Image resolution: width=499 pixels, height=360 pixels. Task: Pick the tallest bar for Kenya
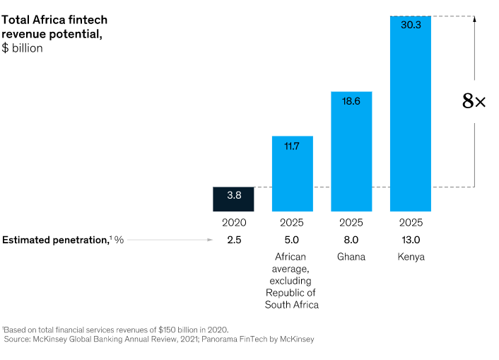(x=411, y=114)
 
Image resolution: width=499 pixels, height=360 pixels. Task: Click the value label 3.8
(x=233, y=196)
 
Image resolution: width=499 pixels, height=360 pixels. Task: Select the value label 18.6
(x=351, y=101)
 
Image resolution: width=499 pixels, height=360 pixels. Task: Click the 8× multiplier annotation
(x=474, y=102)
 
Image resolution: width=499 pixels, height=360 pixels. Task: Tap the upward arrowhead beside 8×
(x=474, y=19)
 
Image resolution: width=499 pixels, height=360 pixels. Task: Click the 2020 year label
(x=233, y=223)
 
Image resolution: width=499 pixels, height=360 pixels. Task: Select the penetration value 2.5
(x=233, y=240)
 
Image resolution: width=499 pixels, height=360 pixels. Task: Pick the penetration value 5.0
(x=293, y=240)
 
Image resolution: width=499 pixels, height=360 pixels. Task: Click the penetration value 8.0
(x=351, y=240)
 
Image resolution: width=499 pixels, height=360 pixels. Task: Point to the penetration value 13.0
(x=411, y=240)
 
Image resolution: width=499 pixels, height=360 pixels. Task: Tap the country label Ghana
(x=351, y=257)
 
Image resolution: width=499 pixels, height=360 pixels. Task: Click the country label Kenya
(x=411, y=257)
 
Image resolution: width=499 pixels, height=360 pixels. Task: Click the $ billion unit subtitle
(x=23, y=48)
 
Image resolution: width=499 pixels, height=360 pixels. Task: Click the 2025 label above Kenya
(x=411, y=223)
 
